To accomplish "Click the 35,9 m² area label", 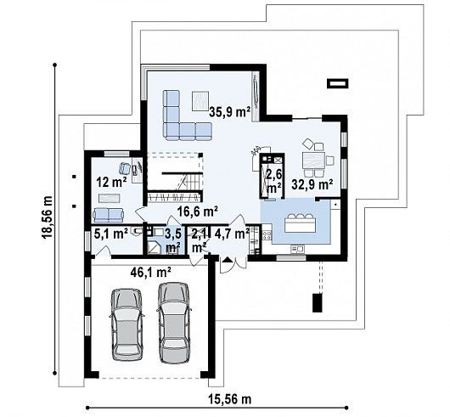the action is click(x=229, y=112).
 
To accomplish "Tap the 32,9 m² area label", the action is click(x=312, y=184).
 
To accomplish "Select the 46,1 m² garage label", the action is click(x=151, y=272).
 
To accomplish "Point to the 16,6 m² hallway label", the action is click(x=197, y=212).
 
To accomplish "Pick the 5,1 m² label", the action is click(x=110, y=234).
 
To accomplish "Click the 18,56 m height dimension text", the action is click(x=47, y=217).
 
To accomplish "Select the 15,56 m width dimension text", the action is click(x=229, y=399).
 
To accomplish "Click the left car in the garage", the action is click(x=127, y=324).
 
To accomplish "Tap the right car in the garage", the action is click(x=174, y=323).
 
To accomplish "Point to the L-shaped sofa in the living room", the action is click(x=183, y=123).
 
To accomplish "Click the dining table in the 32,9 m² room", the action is click(x=313, y=161).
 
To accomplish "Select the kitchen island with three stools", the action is click(x=300, y=223).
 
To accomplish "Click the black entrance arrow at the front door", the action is click(x=228, y=260).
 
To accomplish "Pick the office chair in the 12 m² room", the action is click(x=125, y=167).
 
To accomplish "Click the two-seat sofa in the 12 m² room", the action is click(x=108, y=215).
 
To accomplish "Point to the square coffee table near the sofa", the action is click(x=200, y=100).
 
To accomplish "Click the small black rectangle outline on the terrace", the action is click(x=338, y=83).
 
